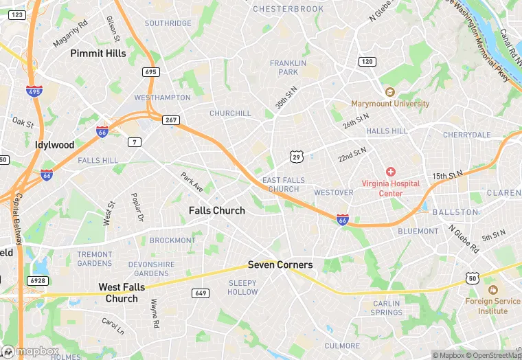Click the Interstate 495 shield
pos(34,91)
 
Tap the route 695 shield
pos(151,71)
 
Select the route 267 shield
pos(171,120)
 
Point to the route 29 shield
pos(296,157)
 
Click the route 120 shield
pos(367,62)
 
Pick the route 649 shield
pos(201,293)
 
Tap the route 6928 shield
pos(38,281)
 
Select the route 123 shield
pos(18,14)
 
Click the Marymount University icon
pos(390,92)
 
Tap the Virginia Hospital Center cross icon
pos(390,172)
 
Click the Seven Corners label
pos(280,265)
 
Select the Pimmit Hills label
pos(98,53)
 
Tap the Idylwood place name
pos(54,145)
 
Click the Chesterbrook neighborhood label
pos(288,9)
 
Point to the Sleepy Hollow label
pos(242,287)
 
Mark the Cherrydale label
pos(467,135)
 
